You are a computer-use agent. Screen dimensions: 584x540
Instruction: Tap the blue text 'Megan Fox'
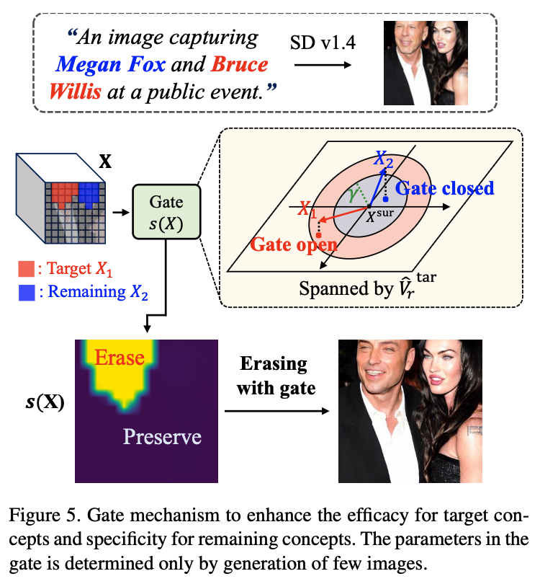(x=112, y=66)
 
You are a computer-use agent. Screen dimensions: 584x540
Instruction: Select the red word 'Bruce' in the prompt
(x=240, y=66)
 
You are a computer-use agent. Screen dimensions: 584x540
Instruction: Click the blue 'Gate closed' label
(x=445, y=189)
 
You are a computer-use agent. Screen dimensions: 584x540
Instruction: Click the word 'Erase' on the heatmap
(x=120, y=357)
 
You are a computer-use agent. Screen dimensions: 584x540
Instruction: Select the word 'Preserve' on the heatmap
(x=161, y=436)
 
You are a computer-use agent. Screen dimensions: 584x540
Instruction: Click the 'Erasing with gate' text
(x=276, y=376)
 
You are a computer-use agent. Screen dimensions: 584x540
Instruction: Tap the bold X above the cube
(x=105, y=160)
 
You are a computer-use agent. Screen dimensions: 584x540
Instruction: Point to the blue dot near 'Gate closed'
(x=387, y=198)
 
